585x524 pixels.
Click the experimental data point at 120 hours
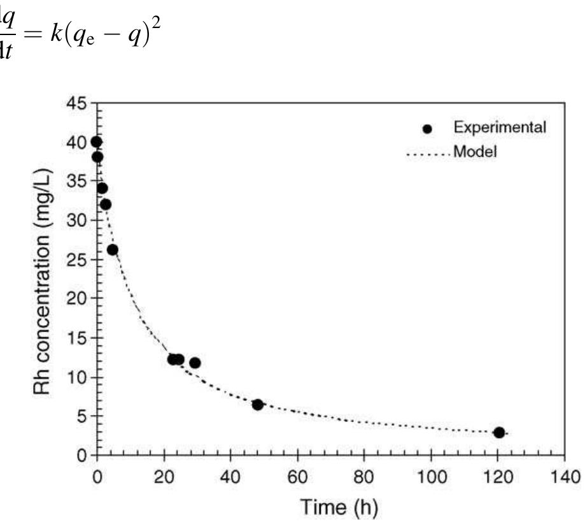499,432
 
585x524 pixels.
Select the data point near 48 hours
258,405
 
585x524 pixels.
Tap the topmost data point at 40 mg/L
96,142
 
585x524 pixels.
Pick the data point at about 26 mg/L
113,249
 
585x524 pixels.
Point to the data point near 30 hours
195,363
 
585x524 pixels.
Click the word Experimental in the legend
499,127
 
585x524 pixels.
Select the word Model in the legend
475,152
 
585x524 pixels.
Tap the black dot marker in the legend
427,128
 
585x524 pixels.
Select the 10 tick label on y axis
80,377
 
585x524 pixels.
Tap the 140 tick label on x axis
564,477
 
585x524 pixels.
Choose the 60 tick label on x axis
298,477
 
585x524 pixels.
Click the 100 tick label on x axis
431,477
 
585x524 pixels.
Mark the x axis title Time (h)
330,508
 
